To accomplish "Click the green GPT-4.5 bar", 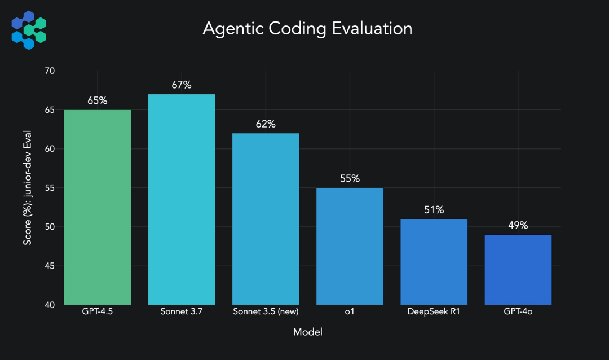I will point(98,207).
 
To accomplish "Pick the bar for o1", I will point(350,246).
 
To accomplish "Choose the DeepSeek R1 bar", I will point(434,262).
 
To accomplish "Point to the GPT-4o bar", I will point(518,270).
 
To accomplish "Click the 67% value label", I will point(182,85).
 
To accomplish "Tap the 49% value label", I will point(518,226).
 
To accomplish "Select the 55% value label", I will point(350,179).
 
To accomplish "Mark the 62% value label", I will point(266,124).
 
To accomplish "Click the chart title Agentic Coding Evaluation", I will point(307,28).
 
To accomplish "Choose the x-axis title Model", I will point(307,332).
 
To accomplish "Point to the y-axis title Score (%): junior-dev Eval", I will point(27,188).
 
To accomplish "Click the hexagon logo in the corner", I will point(29,29).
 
